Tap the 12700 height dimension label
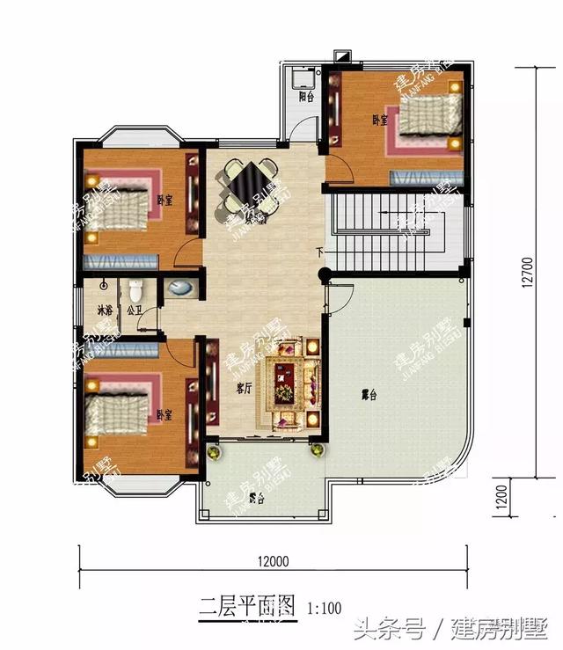pyautogui.click(x=525, y=273)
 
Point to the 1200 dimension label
pyautogui.click(x=525, y=498)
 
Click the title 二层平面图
pyautogui.click(x=247, y=606)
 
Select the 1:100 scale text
pyautogui.click(x=325, y=607)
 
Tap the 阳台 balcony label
pyautogui.click(x=306, y=97)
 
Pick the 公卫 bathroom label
pyautogui.click(x=134, y=310)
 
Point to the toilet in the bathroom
pyautogui.click(x=135, y=289)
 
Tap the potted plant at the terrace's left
pyautogui.click(x=212, y=452)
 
